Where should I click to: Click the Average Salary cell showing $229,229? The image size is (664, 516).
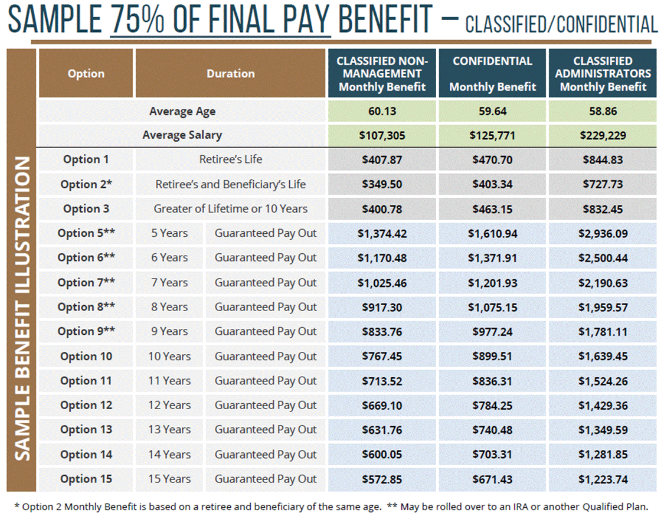point(602,135)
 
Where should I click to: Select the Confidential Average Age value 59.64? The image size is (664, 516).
point(492,111)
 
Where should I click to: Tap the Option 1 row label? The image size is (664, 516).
point(86,159)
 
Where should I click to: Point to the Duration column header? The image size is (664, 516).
point(231,74)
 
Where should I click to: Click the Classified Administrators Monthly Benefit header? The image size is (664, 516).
point(603,74)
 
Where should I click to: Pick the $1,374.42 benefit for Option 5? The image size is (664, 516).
point(382,233)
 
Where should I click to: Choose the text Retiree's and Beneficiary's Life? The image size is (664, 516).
point(231,184)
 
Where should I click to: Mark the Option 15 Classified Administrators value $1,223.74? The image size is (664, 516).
point(603,479)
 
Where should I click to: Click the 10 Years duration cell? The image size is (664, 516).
point(169,357)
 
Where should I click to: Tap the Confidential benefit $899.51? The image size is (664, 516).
point(492,357)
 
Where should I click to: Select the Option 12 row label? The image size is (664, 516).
point(86,406)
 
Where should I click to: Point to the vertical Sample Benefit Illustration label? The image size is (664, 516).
point(22,307)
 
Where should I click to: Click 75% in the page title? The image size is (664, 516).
point(138,21)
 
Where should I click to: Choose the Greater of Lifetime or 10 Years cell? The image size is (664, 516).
point(231,208)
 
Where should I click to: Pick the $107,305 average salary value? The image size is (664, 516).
point(382,135)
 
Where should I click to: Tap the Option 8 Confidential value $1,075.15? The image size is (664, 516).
point(492,307)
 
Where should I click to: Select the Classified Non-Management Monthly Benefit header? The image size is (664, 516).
point(382,74)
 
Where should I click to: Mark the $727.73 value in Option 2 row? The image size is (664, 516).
point(603,184)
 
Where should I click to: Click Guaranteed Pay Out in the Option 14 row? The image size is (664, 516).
point(266,455)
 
